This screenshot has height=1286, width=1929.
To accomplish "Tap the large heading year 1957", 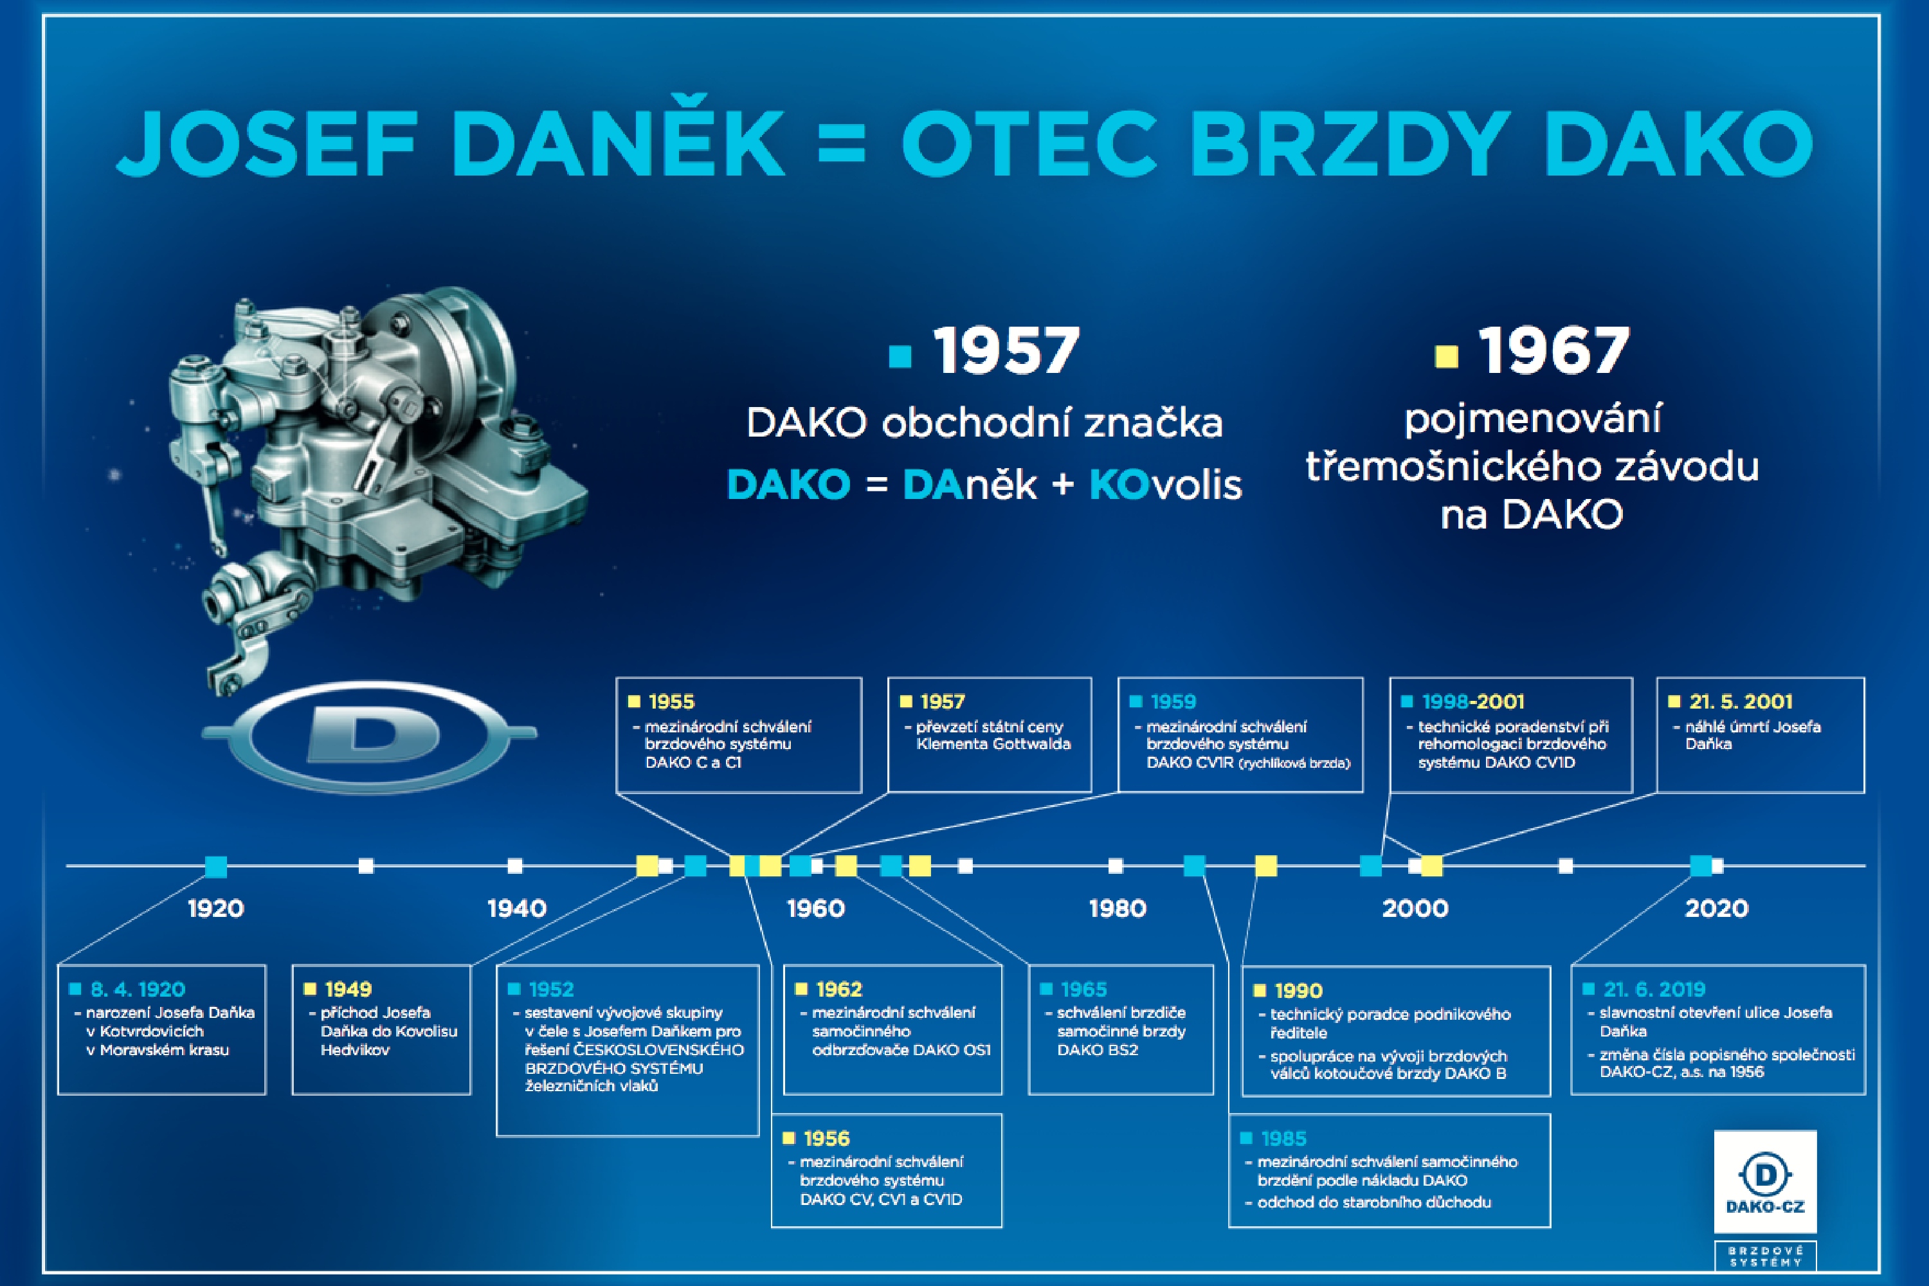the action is pos(1006,351).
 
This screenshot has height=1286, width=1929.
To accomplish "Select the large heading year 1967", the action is pos(1553,351).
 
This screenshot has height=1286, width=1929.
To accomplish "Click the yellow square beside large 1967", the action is pos(1446,356).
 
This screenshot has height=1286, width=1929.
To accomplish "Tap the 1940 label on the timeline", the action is pos(517,909).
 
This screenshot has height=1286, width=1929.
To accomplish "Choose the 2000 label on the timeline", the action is pos(1415,909).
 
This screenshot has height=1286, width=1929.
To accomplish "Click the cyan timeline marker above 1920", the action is pos(215,866).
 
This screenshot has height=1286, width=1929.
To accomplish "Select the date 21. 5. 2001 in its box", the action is pos(1741,702).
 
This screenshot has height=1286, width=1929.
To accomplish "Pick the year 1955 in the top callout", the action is pos(671,702).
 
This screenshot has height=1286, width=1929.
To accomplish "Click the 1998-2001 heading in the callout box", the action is pos(1473,702).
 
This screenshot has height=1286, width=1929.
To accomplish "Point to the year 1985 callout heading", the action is pos(1283,1138).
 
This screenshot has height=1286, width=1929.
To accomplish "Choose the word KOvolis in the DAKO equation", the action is pos(1165,485).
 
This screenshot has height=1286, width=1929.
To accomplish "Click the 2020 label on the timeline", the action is pos(1717,909).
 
